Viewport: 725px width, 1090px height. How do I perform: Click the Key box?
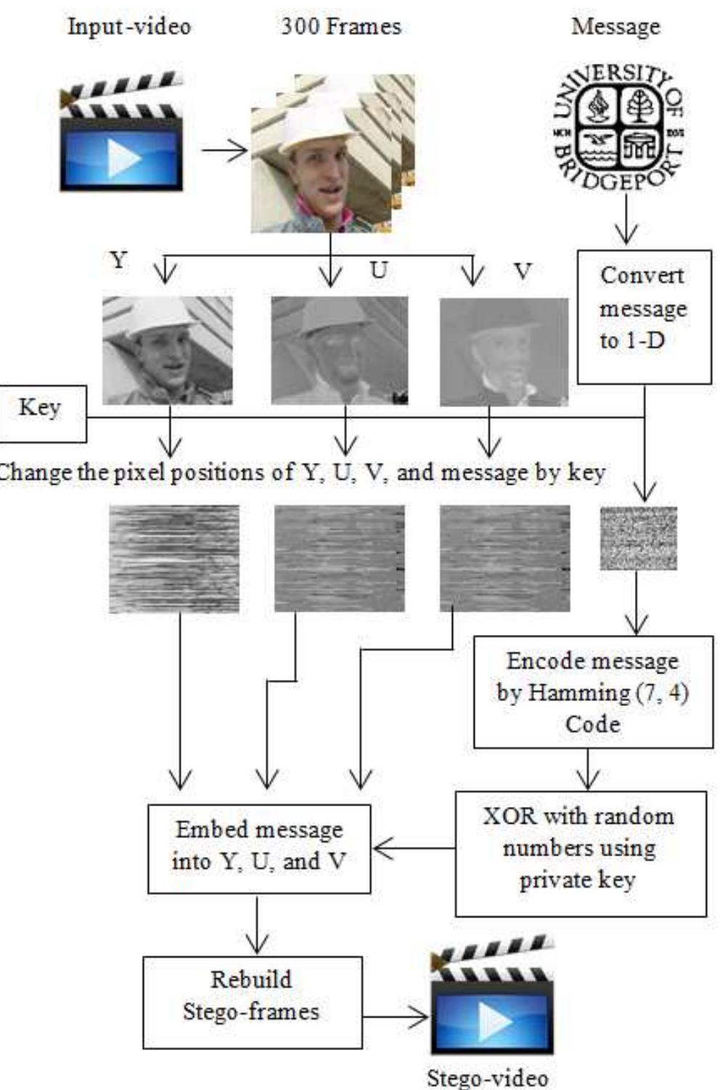click(x=41, y=413)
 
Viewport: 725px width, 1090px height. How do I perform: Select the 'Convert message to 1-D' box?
click(x=643, y=316)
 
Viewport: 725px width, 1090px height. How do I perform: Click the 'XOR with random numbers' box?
click(x=580, y=853)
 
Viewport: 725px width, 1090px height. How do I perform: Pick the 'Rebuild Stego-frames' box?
click(x=251, y=1001)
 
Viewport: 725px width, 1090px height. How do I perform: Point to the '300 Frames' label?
click(x=340, y=28)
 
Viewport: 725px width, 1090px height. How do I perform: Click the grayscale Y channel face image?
click(x=167, y=350)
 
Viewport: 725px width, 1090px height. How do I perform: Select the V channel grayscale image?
click(x=504, y=351)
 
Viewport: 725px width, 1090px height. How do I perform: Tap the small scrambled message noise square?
click(x=638, y=538)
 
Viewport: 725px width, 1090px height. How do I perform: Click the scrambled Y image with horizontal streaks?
click(x=173, y=559)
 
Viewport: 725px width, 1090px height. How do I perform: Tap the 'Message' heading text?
click(x=615, y=28)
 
